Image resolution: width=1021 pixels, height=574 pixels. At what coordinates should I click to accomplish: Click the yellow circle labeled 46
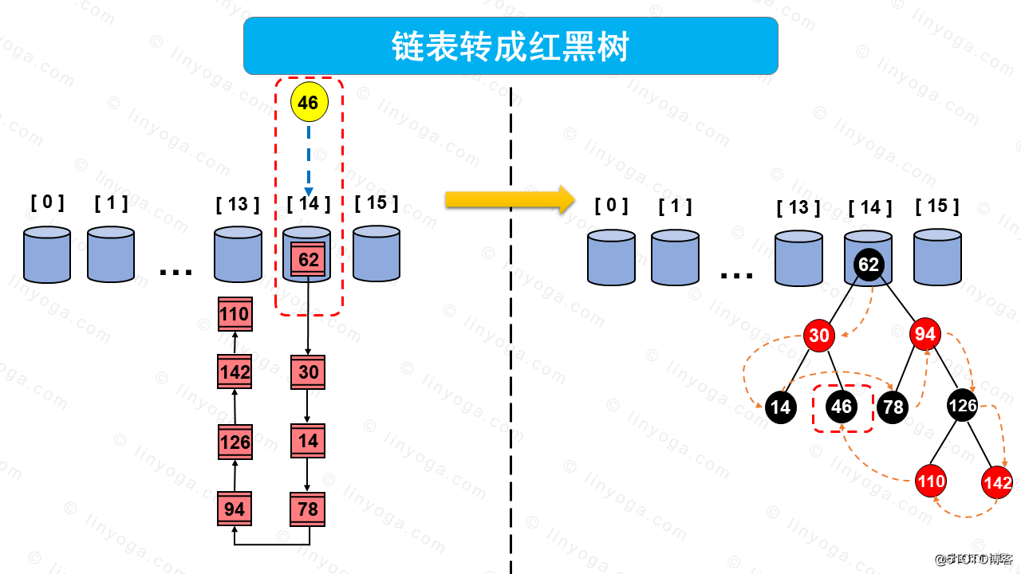point(309,103)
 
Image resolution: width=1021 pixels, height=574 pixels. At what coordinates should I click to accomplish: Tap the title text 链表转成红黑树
point(510,47)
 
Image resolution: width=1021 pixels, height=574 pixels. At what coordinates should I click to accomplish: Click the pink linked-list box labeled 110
point(235,314)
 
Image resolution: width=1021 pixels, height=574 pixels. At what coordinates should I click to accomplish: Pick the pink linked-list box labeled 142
point(235,372)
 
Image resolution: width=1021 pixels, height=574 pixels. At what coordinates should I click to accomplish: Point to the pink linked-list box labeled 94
point(235,509)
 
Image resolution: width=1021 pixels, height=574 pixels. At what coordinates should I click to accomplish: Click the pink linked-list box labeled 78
point(308,509)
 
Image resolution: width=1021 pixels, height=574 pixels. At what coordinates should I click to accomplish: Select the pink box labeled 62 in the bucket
point(308,260)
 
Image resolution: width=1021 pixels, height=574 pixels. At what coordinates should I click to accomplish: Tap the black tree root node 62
point(869,264)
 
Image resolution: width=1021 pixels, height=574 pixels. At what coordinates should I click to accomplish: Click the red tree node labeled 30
point(819,336)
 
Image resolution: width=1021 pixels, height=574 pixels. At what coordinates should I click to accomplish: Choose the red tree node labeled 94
point(924,334)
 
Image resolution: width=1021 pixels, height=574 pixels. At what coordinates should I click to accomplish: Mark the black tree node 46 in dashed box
point(842,407)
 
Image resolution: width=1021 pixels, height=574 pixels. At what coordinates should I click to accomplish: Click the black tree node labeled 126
point(963,406)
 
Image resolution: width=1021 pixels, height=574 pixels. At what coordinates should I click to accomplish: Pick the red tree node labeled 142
point(997,483)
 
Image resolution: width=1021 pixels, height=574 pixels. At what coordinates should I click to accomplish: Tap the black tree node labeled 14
point(781,408)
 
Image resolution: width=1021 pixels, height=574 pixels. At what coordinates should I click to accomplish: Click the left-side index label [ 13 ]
point(238,205)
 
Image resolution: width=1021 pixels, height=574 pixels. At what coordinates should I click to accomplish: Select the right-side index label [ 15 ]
point(937,206)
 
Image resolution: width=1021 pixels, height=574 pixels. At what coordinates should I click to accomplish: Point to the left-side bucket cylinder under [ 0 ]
point(47,255)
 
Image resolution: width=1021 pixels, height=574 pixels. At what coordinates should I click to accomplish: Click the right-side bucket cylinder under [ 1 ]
point(675,258)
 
